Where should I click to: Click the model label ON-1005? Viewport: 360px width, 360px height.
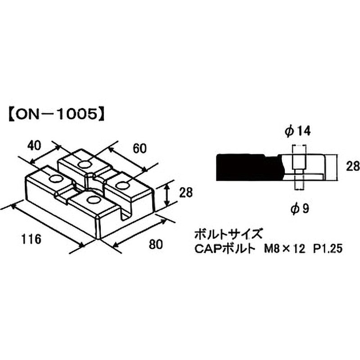57,114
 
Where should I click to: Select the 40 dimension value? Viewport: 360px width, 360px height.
34,145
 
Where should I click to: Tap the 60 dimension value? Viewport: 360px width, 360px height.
139,148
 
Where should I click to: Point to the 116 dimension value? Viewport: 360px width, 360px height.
31,239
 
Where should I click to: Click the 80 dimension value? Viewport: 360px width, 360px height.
155,244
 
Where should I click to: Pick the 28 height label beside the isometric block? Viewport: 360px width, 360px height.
186,193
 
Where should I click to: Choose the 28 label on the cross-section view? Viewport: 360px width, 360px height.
352,166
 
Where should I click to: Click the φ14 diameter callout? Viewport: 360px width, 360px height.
297,131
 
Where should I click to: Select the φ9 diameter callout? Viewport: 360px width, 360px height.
300,208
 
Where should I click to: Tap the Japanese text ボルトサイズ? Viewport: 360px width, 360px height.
228,234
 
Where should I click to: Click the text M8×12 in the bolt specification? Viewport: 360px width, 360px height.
284,249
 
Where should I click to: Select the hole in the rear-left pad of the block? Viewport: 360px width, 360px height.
84,164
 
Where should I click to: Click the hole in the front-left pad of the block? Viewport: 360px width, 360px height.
56,179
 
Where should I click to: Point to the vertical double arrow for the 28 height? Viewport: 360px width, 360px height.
167,193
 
